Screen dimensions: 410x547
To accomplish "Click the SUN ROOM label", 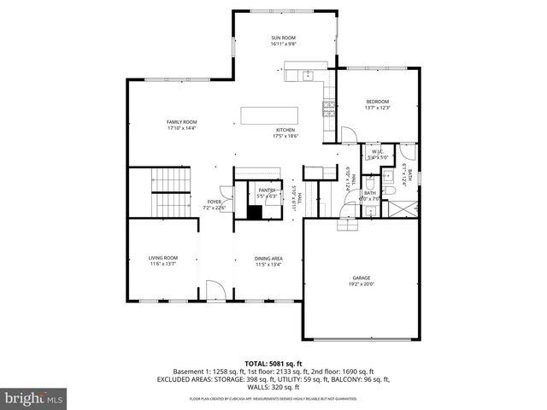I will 283,38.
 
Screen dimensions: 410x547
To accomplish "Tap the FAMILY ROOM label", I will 181,122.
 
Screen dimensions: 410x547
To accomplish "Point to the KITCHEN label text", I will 285,130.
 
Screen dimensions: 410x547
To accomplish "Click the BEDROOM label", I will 377,102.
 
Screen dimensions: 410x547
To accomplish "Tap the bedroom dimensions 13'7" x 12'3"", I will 377,108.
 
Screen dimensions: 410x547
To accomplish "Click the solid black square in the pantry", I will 255,212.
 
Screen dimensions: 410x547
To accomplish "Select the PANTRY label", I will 267,190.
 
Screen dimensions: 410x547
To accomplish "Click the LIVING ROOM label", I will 162,258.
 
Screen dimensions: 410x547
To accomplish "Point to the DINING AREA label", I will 268,258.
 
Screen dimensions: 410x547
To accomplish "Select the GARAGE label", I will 362,278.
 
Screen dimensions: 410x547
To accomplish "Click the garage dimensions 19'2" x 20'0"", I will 362,284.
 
